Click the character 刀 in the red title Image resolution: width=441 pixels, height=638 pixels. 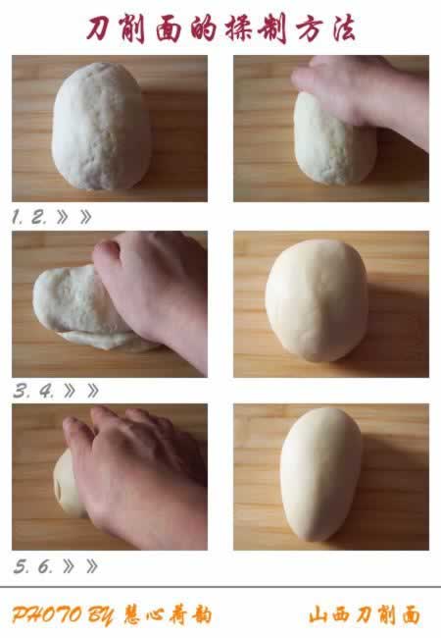click(x=99, y=28)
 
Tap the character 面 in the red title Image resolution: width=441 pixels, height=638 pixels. click(x=169, y=30)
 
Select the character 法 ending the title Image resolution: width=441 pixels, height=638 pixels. click(x=344, y=28)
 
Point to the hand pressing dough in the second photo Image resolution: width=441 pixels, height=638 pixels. click(x=362, y=97)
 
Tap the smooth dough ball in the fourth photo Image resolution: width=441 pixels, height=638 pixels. click(x=317, y=300)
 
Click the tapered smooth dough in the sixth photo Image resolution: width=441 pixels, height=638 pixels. click(x=320, y=474)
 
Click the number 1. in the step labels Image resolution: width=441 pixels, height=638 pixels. click(x=17, y=217)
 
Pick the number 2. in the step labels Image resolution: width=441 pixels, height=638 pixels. click(x=39, y=217)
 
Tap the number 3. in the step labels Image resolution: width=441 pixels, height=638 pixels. click(x=22, y=391)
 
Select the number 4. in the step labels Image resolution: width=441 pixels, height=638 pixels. click(x=46, y=391)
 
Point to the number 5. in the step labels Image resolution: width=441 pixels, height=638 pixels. click(x=22, y=566)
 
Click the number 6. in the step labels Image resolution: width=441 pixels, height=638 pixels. click(x=45, y=566)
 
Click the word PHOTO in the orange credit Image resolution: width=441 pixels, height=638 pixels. click(x=47, y=614)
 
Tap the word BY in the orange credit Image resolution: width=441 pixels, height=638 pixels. click(x=101, y=615)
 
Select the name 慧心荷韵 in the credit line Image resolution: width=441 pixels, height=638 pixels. click(x=168, y=614)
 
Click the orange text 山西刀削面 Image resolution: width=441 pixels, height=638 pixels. click(x=365, y=614)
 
